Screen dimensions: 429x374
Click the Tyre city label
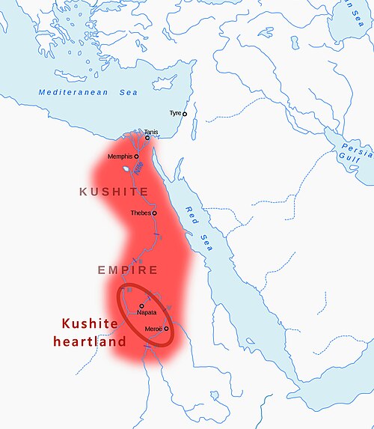[x=175, y=113]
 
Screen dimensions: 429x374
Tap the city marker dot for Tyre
[x=185, y=114]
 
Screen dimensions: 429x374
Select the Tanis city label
[x=151, y=131]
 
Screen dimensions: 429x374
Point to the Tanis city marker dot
[x=147, y=138]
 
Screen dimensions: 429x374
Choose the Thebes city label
[x=141, y=213]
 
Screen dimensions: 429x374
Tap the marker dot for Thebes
[x=155, y=213]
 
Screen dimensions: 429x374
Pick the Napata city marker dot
[x=141, y=305]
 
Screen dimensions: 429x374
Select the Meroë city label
[x=153, y=328]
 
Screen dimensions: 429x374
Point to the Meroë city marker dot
[x=166, y=328]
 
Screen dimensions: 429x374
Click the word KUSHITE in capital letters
[x=114, y=192]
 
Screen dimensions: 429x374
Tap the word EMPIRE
[x=127, y=270]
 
